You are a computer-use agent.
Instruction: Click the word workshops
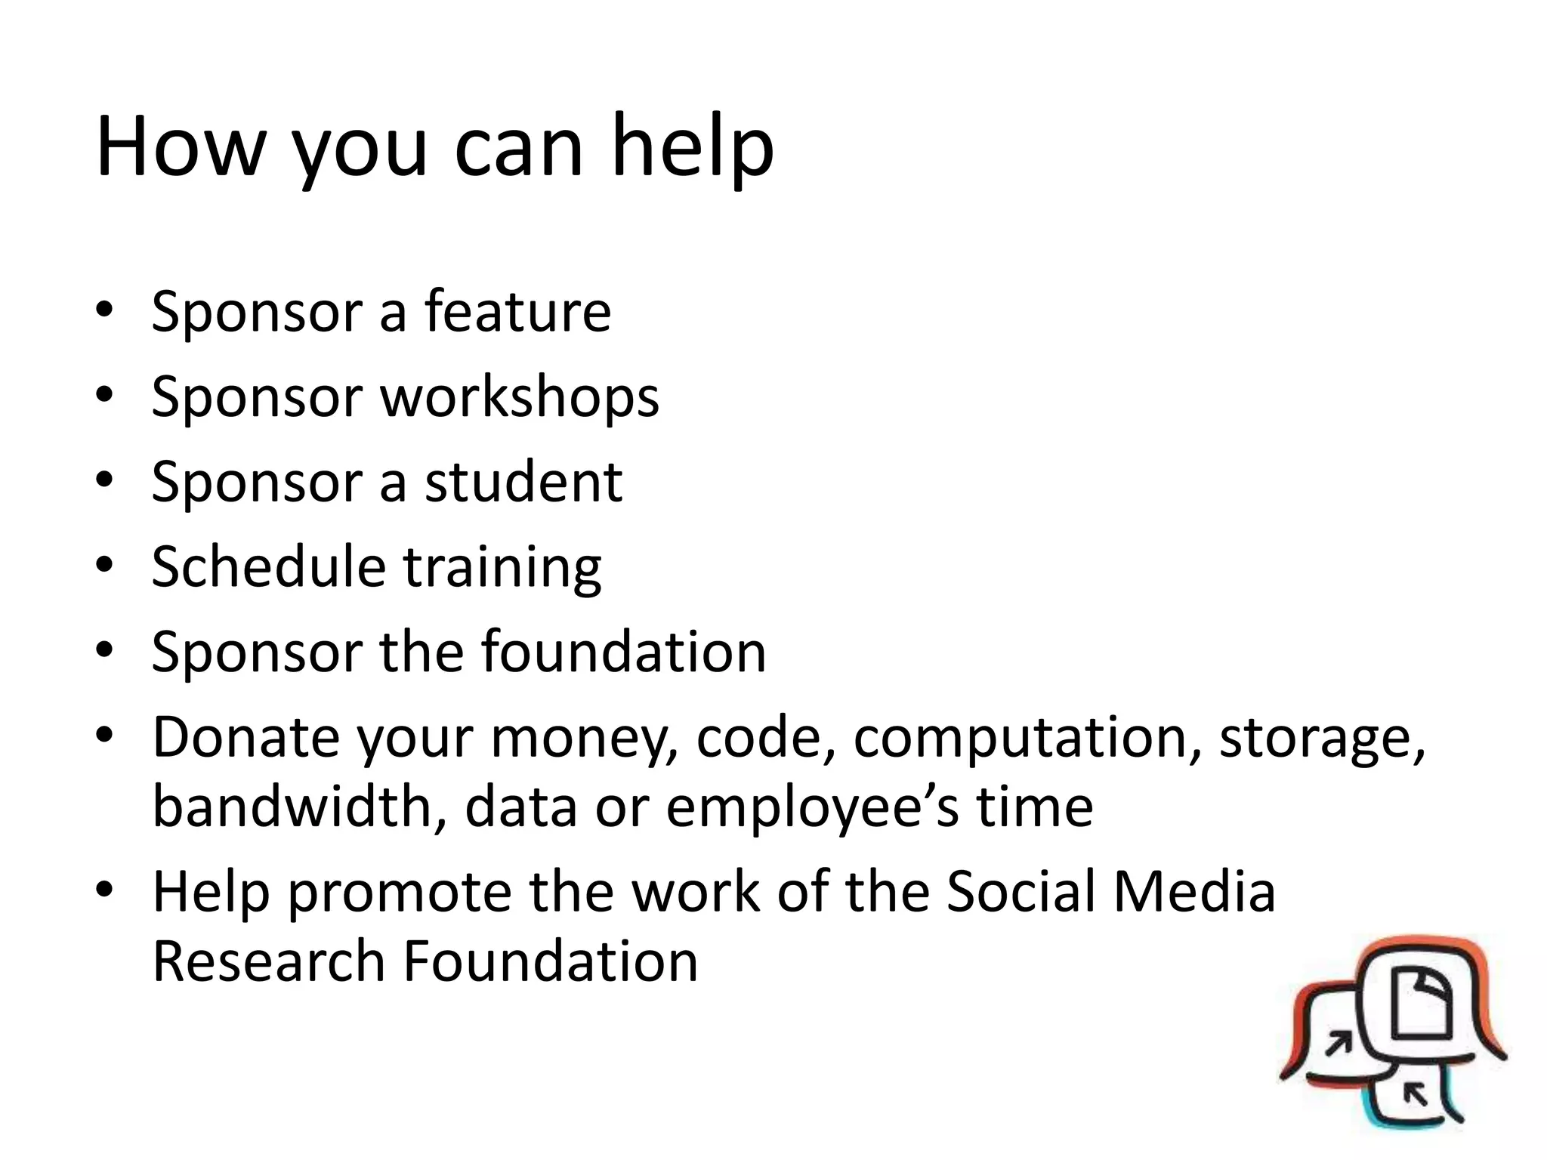(520, 397)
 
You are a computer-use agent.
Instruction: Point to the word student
(523, 482)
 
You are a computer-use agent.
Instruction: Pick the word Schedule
(268, 566)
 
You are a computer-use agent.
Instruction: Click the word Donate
(245, 736)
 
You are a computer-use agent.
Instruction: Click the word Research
(269, 961)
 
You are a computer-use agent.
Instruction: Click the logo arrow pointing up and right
(1340, 1044)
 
